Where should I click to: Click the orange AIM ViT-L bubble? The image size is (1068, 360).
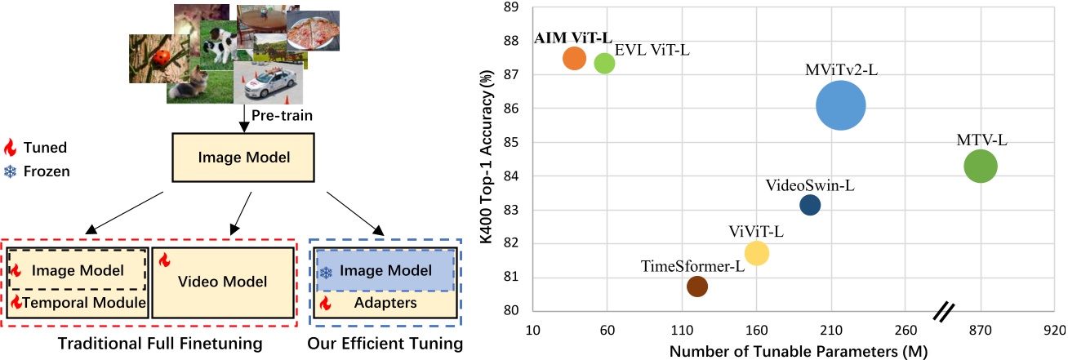pyautogui.click(x=575, y=59)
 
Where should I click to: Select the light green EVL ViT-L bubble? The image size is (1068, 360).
pyautogui.click(x=604, y=63)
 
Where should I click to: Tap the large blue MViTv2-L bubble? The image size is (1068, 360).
pyautogui.click(x=840, y=106)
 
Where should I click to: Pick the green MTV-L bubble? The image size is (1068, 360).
pyautogui.click(x=981, y=167)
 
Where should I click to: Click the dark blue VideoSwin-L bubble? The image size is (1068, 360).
pyautogui.click(x=810, y=205)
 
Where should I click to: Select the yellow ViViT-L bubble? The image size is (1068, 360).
pyautogui.click(x=757, y=254)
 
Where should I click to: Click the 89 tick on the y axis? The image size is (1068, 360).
pyautogui.click(x=514, y=7)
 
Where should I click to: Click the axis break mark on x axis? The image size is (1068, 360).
pyautogui.click(x=945, y=311)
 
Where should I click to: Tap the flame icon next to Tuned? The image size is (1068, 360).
pyautogui.click(x=10, y=149)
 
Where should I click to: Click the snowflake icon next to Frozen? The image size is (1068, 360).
pyautogui.click(x=10, y=172)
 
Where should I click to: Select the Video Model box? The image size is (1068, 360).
pyautogui.click(x=222, y=282)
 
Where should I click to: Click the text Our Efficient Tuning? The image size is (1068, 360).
pyautogui.click(x=385, y=344)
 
